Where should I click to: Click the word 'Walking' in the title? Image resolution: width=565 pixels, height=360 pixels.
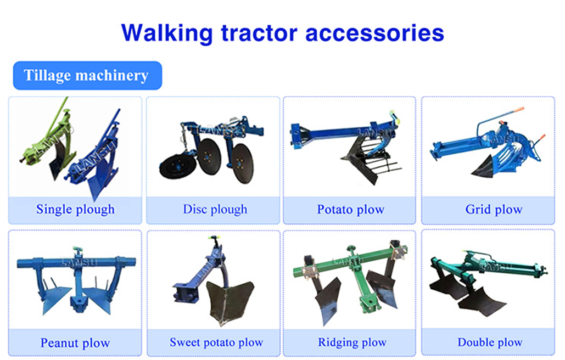click(167, 33)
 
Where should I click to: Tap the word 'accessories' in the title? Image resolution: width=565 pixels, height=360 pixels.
click(374, 33)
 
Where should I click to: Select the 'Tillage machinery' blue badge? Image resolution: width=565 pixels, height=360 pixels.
click(87, 75)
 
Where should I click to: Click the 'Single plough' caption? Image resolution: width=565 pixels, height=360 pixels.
click(75, 209)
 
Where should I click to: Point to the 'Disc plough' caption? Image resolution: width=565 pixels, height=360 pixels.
click(215, 209)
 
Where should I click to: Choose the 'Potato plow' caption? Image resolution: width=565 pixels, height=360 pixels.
click(351, 209)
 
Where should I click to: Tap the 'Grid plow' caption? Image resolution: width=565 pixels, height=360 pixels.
click(494, 209)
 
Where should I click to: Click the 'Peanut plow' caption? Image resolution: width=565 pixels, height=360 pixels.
click(75, 343)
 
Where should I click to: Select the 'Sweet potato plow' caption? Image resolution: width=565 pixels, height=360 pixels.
click(216, 342)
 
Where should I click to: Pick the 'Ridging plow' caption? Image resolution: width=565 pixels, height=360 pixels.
click(352, 342)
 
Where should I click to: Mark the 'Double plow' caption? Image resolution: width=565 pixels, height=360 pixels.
click(490, 342)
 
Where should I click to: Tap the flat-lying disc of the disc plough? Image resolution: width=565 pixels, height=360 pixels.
click(177, 167)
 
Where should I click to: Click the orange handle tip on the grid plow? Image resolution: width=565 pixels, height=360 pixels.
click(519, 109)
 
